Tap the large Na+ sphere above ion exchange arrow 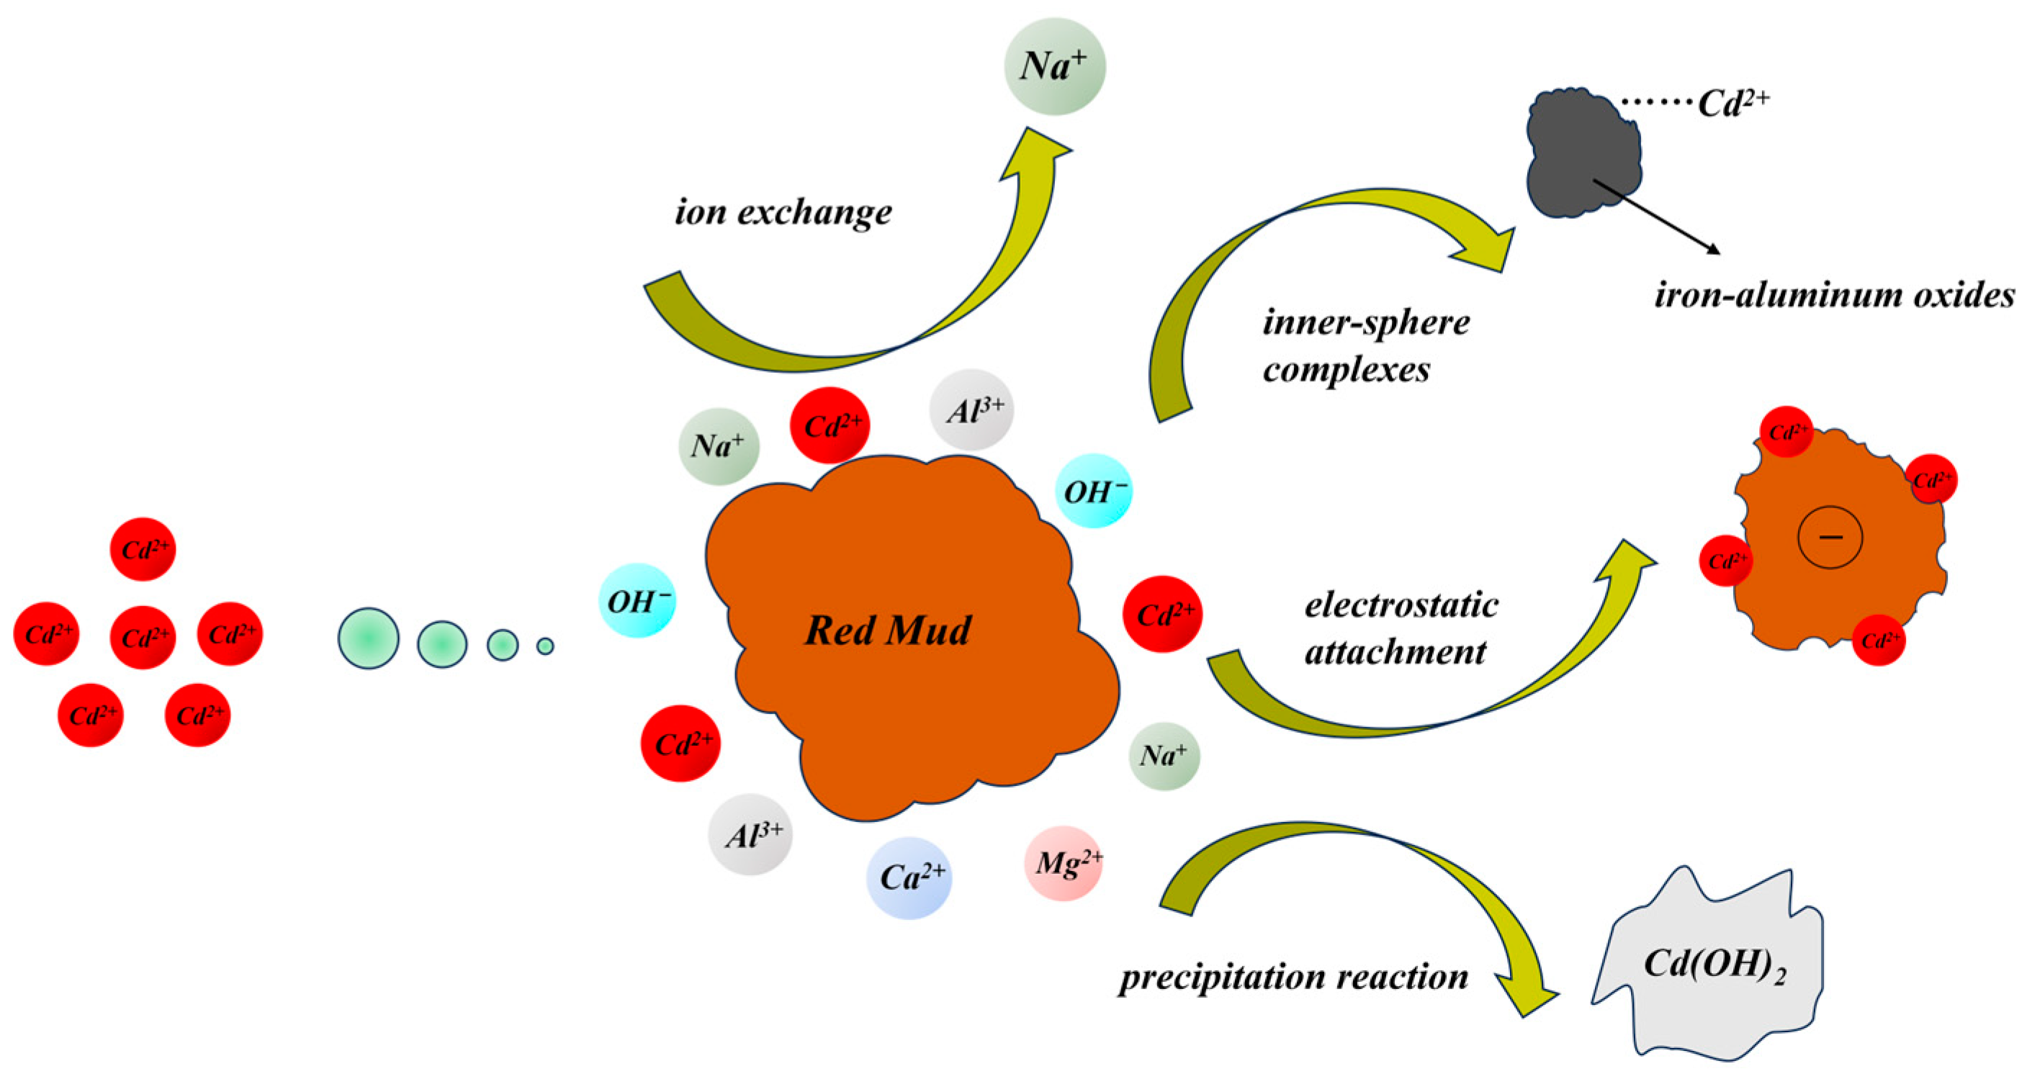(1054, 66)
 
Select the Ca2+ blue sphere (909, 877)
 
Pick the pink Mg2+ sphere (1064, 863)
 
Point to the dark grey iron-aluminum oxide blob (1581, 153)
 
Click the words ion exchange (783, 212)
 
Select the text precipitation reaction (1293, 978)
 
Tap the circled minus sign (1830, 536)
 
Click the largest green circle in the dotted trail (368, 638)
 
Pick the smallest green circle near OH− (545, 646)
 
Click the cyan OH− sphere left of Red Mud (638, 601)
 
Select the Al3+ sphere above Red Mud (972, 410)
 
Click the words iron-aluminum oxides (1834, 296)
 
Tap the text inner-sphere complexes (1365, 346)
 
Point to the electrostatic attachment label (1401, 628)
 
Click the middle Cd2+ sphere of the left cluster (143, 636)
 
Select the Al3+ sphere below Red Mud (751, 834)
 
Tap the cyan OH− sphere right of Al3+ (1093, 491)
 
